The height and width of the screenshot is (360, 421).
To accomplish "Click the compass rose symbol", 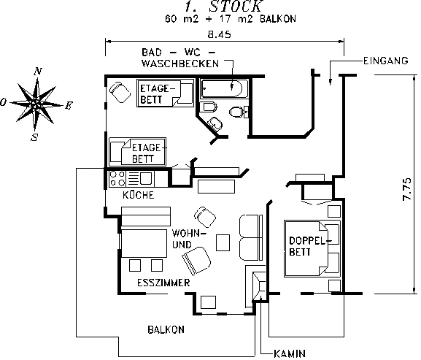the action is coord(36,104).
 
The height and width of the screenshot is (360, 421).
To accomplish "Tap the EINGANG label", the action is coord(386,61).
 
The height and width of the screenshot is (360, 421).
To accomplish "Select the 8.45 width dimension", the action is coord(220,34).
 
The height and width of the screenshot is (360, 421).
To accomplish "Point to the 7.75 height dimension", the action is coord(407,189).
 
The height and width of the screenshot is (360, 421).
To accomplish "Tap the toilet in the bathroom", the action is coord(239,112).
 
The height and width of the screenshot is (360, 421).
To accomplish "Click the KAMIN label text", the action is coord(290,353).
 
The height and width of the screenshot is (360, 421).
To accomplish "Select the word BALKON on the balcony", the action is coord(166,329).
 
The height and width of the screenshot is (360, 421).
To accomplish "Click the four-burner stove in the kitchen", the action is coord(117,179).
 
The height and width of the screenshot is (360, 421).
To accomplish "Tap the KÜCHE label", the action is coord(139,195).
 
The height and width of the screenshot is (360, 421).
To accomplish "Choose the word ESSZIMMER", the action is coord(163,283).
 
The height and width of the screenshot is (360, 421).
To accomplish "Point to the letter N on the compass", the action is coord(38,71).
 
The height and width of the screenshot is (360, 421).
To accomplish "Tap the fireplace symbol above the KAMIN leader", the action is coord(259,286).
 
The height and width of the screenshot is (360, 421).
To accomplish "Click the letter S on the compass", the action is coord(34,137).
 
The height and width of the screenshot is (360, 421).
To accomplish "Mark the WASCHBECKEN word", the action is coord(180,64).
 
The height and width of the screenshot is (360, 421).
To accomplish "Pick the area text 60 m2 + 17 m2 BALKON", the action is coord(231,19).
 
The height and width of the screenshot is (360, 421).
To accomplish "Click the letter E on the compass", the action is coord(69,106).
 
